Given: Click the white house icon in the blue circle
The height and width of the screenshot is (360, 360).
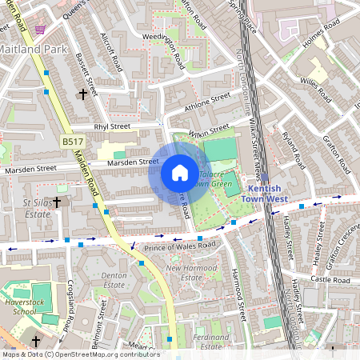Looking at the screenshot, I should click(x=180, y=173).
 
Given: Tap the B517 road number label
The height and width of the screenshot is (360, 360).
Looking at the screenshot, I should click(x=74, y=142).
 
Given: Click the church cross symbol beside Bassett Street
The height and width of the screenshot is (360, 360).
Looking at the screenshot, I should click(x=83, y=94).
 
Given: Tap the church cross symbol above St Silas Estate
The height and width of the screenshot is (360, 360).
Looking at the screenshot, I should click(x=58, y=202).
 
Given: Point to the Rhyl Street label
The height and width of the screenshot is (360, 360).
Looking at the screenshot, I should click(x=111, y=126).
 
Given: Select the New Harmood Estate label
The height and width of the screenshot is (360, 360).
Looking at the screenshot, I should click(x=190, y=273).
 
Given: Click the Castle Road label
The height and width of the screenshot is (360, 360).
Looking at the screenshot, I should click(x=332, y=281).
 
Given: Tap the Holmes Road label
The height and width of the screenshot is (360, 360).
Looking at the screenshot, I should click(x=325, y=34).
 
